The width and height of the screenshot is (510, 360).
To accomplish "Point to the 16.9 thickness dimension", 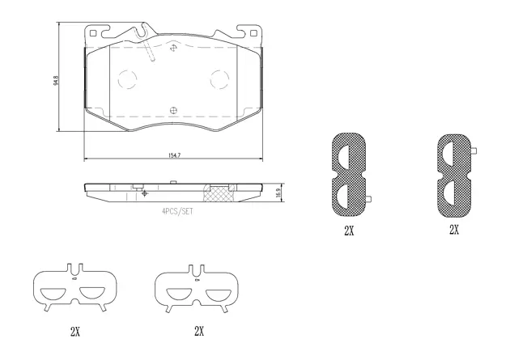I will point(279,191).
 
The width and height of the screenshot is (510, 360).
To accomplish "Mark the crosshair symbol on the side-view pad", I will point(144,193).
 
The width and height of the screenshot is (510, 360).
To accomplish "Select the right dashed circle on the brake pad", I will point(220,80).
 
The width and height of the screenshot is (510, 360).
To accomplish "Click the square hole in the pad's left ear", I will point(95,33).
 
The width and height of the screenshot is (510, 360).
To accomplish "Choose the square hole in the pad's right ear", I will point(255,33).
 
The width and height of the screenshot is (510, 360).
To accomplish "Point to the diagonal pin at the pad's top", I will point(151,50).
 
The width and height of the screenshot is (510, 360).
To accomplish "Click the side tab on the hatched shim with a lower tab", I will point(368,201).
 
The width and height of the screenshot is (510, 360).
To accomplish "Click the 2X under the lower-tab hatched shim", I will point(348,231).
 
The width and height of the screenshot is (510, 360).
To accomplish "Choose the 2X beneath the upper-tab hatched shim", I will point(454,230).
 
